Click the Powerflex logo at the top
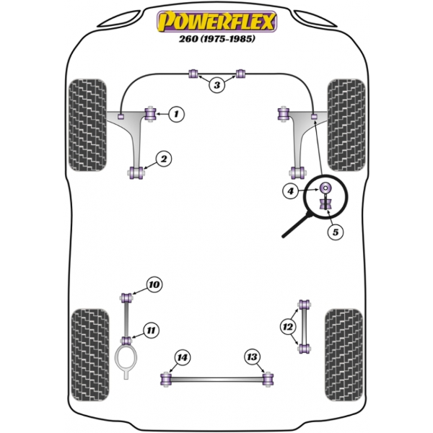[x=216, y=22]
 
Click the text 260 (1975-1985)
[x=217, y=39]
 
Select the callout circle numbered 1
[x=176, y=113]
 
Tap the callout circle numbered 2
[x=164, y=159]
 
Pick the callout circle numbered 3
[x=217, y=85]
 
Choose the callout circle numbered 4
[x=291, y=191]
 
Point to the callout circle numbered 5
[x=336, y=232]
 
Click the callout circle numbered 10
[x=154, y=284]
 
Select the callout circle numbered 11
[x=151, y=330]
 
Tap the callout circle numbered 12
[x=288, y=327]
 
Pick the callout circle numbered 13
[x=252, y=357]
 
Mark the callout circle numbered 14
[x=183, y=357]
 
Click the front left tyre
[x=87, y=125]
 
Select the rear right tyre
[x=344, y=355]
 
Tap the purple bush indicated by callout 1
[x=151, y=114]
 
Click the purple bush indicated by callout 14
[x=166, y=380]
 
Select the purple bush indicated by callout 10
[x=126, y=297]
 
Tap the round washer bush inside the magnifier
[x=325, y=188]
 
